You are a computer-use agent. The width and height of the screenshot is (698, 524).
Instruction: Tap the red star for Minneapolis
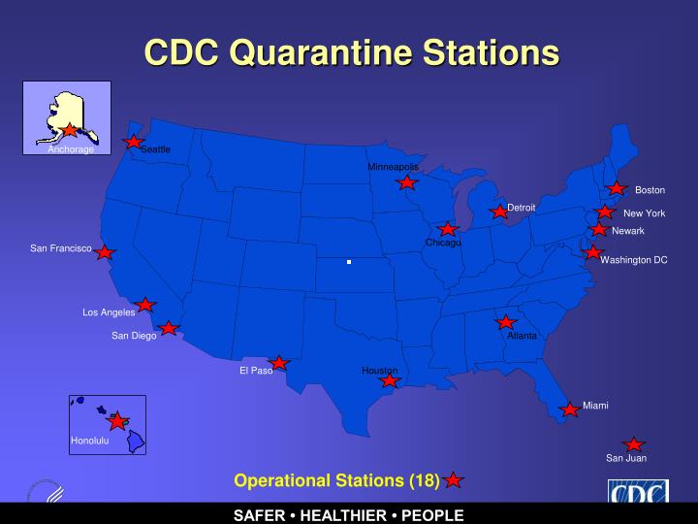point(408,182)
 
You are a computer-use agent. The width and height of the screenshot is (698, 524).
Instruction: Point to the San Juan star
point(634,444)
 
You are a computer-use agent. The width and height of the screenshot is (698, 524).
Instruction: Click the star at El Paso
point(279,363)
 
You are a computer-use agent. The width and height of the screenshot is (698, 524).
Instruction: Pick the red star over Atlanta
point(505,322)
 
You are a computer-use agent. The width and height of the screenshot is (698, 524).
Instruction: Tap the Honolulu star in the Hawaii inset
point(118,421)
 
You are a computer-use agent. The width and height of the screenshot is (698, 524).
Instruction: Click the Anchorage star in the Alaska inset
point(70,129)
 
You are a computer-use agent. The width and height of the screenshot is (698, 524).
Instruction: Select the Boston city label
point(650,190)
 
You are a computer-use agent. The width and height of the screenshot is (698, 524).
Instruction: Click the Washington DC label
point(634,260)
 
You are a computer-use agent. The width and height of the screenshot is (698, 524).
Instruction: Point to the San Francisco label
point(60,249)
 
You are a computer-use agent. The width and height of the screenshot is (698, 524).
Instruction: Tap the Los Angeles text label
point(109,312)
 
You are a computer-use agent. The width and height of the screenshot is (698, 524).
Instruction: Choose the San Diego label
point(134,336)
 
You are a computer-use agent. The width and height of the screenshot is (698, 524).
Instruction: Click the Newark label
point(628,231)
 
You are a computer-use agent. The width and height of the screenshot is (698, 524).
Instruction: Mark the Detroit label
point(522,208)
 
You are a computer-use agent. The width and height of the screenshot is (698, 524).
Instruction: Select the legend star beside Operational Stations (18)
point(454,479)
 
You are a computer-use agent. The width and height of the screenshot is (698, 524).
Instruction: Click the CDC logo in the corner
point(637,495)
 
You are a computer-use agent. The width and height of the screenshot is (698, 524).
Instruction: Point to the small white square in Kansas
point(349,262)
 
